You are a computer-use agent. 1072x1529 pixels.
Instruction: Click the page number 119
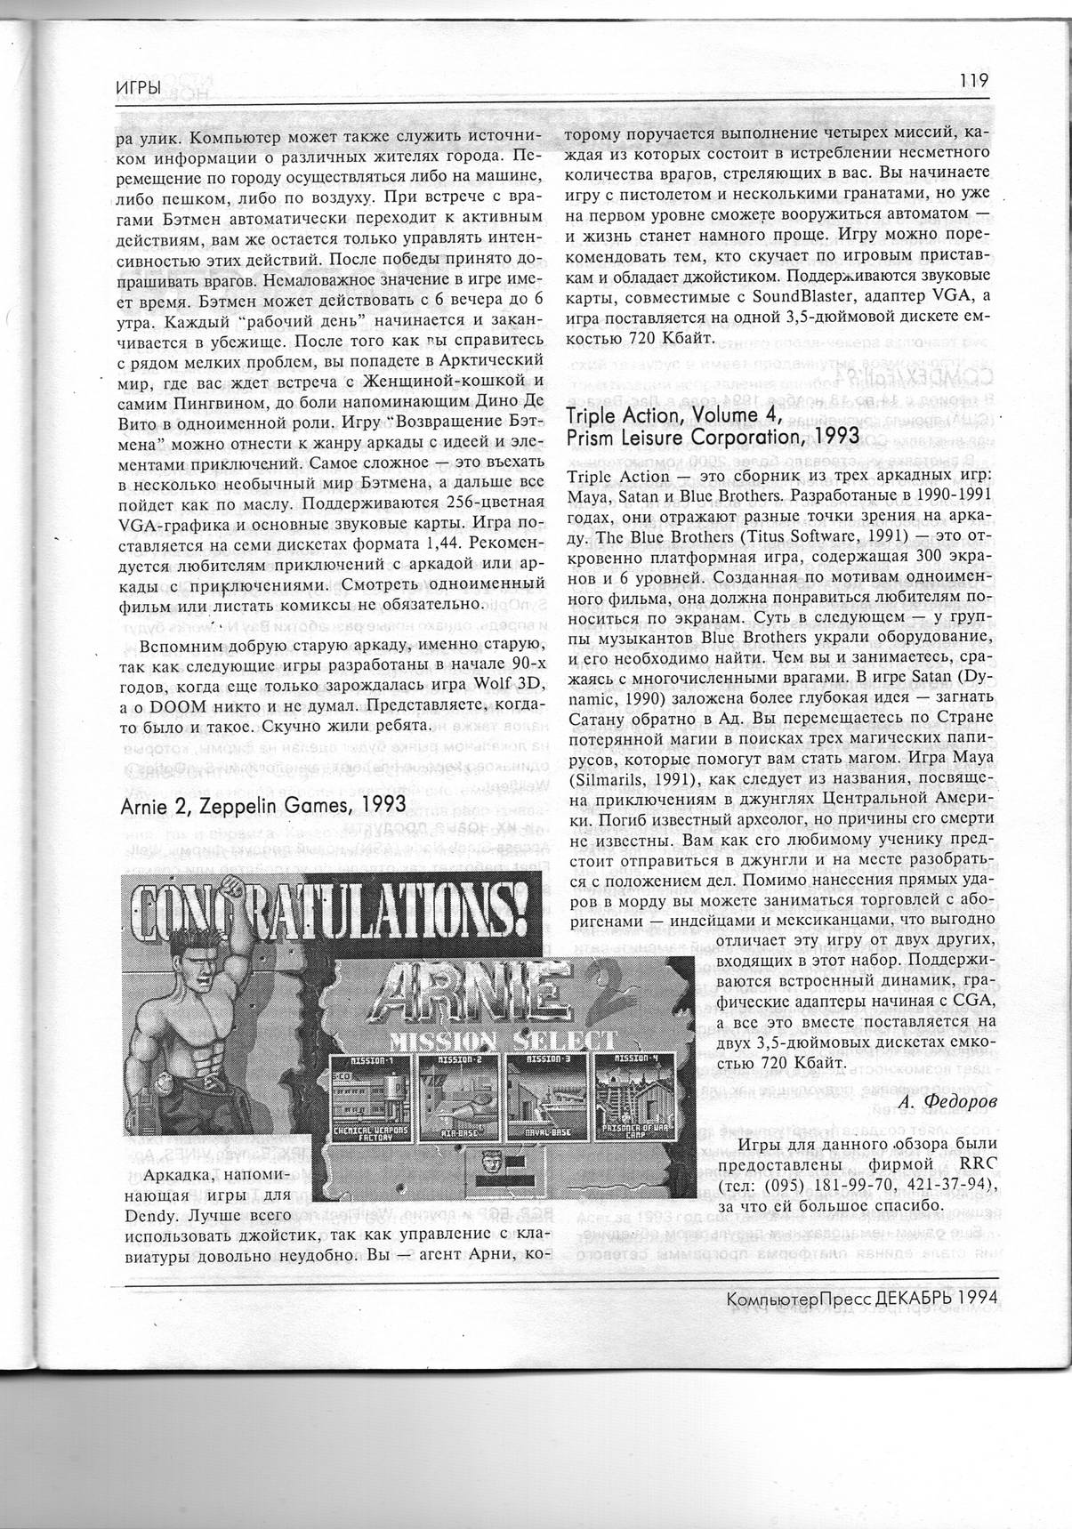974,79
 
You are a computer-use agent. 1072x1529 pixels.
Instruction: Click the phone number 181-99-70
835,1186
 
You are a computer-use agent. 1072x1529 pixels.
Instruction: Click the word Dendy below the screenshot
149,1214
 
